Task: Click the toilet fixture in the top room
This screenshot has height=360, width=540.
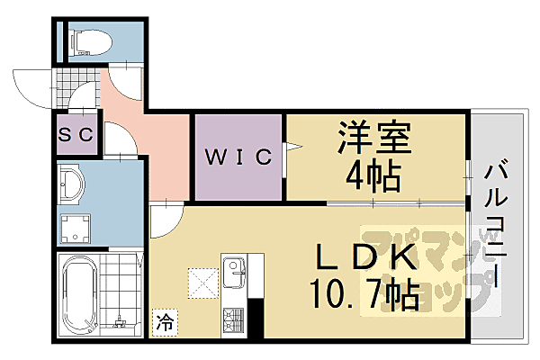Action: (91, 42)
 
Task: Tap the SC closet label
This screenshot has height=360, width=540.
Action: (76, 134)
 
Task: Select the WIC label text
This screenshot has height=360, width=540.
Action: (238, 157)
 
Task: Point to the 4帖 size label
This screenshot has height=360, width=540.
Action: (373, 176)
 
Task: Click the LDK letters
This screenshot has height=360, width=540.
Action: (365, 257)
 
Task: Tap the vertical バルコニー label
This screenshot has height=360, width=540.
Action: (496, 226)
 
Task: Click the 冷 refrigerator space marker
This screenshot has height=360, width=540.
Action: (165, 322)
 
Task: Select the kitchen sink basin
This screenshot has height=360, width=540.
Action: (234, 272)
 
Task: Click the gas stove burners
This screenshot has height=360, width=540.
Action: (234, 320)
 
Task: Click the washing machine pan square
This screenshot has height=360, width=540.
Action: (76, 229)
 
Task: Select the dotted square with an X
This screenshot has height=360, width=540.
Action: (203, 283)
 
